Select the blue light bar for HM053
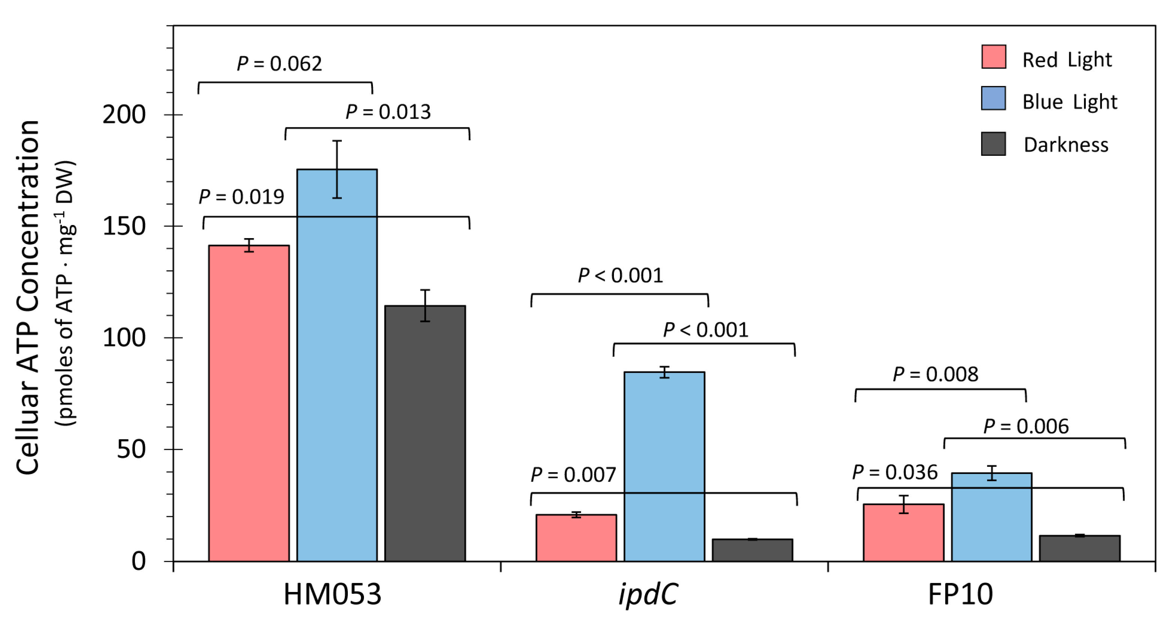[337, 365]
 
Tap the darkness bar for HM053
[425, 433]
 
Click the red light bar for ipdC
[576, 538]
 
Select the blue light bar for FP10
[991, 517]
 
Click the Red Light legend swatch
[994, 57]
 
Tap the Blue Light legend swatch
[994, 98]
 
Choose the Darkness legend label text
[1066, 145]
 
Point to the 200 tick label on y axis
[124, 115]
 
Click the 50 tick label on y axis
[131, 449]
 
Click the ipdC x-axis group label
[648, 594]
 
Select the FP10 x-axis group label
[960, 594]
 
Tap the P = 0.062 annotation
[279, 63]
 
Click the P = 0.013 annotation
[388, 112]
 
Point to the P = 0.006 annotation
[1026, 426]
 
